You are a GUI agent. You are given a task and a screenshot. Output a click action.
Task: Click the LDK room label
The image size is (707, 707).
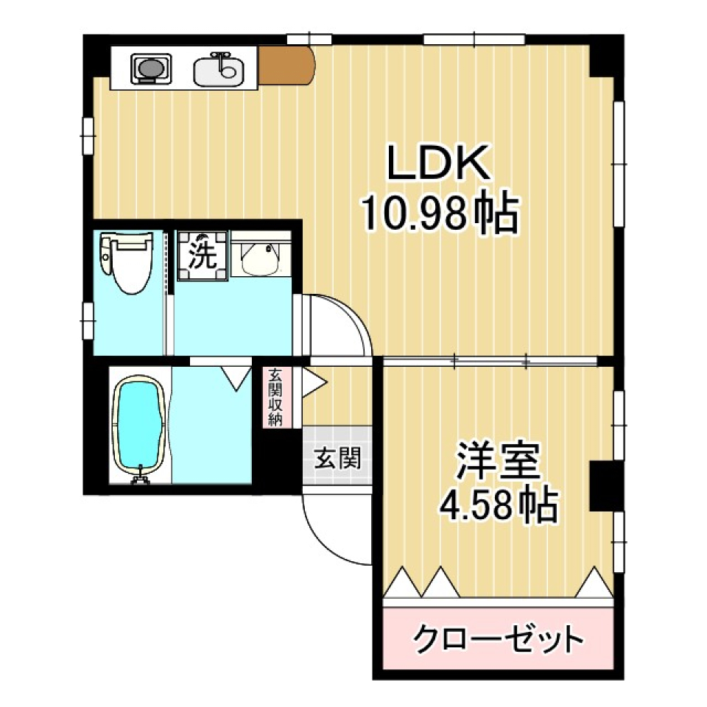click(440, 163)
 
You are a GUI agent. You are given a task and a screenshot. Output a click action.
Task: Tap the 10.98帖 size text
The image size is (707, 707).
click(440, 214)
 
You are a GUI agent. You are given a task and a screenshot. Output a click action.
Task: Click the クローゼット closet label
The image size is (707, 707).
click(499, 638)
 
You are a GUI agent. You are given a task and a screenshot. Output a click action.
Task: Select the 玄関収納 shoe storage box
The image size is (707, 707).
click(276, 398)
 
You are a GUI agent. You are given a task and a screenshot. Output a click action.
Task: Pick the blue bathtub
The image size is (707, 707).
click(138, 426)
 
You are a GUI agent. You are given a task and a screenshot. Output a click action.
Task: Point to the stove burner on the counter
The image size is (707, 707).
click(150, 69)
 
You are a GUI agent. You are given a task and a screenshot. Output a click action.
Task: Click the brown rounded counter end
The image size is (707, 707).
click(288, 66)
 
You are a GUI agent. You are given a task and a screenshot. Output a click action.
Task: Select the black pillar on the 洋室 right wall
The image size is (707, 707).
click(602, 486)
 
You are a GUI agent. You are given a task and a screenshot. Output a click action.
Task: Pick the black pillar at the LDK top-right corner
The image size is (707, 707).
click(605, 55)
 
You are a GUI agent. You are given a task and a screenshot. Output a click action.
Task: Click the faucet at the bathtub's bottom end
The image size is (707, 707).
click(138, 479)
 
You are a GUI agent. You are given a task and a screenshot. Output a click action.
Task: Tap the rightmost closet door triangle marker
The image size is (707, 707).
click(594, 583)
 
